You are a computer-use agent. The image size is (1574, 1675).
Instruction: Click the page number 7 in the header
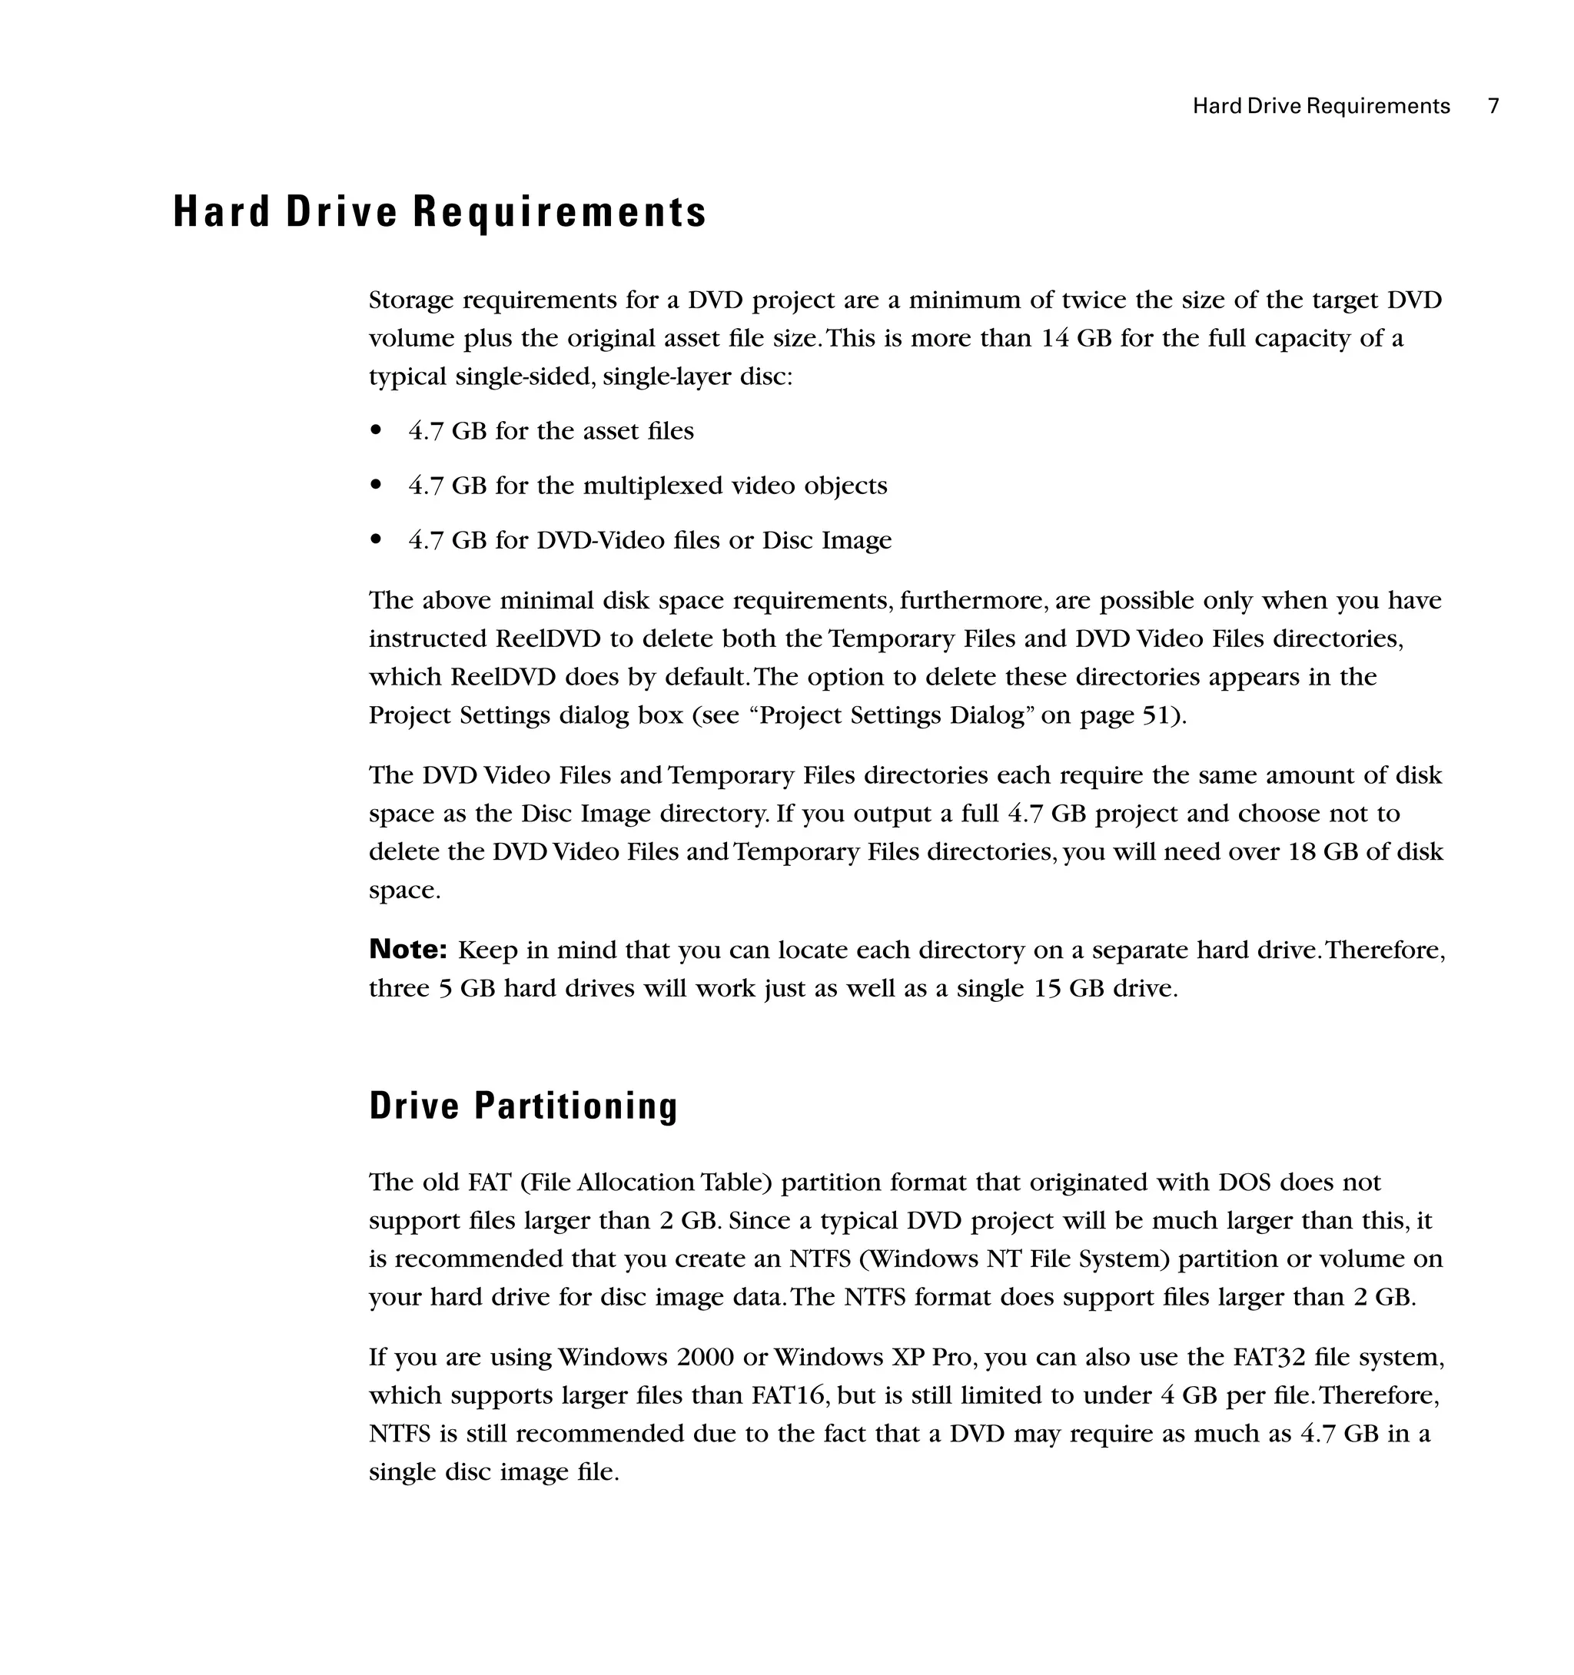1493,106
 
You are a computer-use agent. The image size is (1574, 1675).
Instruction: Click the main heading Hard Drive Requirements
439,211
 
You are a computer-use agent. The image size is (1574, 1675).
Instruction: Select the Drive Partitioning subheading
523,1106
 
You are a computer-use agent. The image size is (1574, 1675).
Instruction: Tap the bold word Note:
408,950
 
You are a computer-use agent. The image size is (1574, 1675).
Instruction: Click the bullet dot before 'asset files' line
377,431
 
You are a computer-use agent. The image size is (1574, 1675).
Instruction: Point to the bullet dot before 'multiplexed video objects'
377,486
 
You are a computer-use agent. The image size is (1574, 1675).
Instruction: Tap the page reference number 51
1157,715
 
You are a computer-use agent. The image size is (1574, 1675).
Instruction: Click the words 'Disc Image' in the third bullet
827,540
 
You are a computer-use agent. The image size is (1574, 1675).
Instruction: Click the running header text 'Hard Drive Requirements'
1320,106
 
